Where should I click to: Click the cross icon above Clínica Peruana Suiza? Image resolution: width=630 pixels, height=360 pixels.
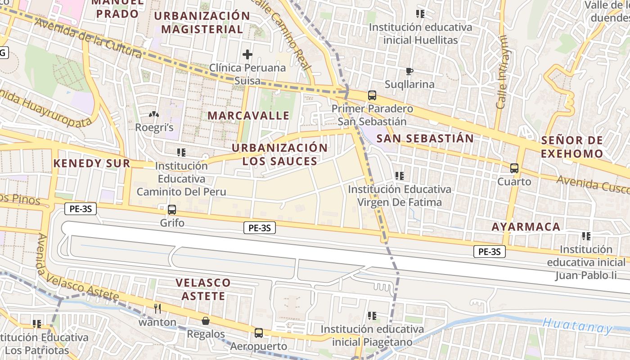click(x=247, y=55)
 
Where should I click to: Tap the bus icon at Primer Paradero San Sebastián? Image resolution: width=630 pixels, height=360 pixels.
click(x=372, y=95)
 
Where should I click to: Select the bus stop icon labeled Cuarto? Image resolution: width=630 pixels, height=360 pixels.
click(x=514, y=168)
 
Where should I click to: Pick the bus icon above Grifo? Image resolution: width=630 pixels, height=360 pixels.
click(x=171, y=209)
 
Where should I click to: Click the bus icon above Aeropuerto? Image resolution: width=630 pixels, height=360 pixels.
click(x=259, y=333)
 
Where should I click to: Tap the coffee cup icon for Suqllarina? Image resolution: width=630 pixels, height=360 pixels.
click(x=409, y=71)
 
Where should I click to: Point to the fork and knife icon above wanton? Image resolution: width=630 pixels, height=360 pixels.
click(x=157, y=308)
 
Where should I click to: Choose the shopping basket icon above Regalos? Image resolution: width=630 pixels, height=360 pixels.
click(x=206, y=321)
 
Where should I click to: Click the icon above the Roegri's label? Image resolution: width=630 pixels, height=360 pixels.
click(x=154, y=115)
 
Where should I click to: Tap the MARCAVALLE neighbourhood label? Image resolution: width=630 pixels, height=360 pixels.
click(x=248, y=116)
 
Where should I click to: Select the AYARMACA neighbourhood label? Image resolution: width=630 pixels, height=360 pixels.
click(x=526, y=227)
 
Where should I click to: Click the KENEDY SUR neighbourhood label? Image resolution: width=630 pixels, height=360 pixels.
click(x=92, y=163)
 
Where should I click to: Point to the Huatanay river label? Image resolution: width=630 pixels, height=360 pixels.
click(x=577, y=325)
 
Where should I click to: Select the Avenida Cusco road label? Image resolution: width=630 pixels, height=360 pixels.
click(x=593, y=184)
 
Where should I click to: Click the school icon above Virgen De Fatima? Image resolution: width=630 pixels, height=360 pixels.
click(x=399, y=176)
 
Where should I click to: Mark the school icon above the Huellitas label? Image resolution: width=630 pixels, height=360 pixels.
click(x=420, y=14)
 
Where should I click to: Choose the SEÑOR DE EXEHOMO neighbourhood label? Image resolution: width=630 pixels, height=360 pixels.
click(x=572, y=147)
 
